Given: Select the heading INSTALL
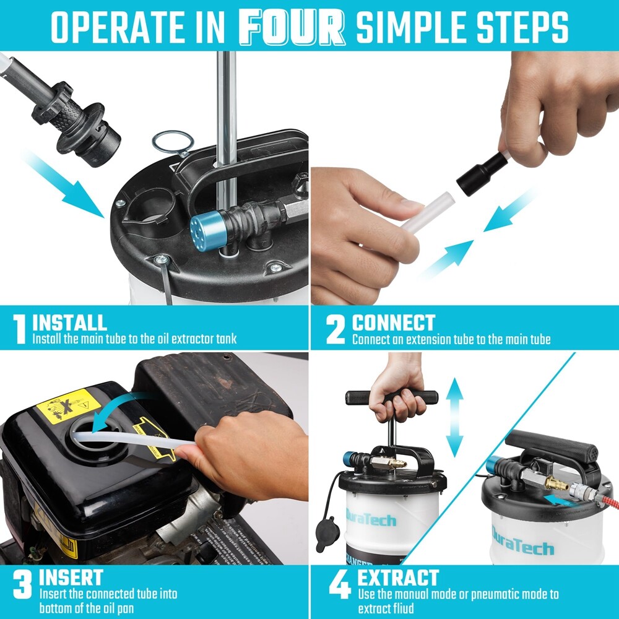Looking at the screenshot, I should [69, 322].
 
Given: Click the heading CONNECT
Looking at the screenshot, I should [394, 322].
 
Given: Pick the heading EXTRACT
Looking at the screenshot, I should [398, 579].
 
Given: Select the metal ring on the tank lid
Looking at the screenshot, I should [172, 142].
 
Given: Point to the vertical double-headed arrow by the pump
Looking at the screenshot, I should [455, 417].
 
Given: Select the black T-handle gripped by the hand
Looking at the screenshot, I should [392, 397].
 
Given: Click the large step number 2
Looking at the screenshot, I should [335, 330].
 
